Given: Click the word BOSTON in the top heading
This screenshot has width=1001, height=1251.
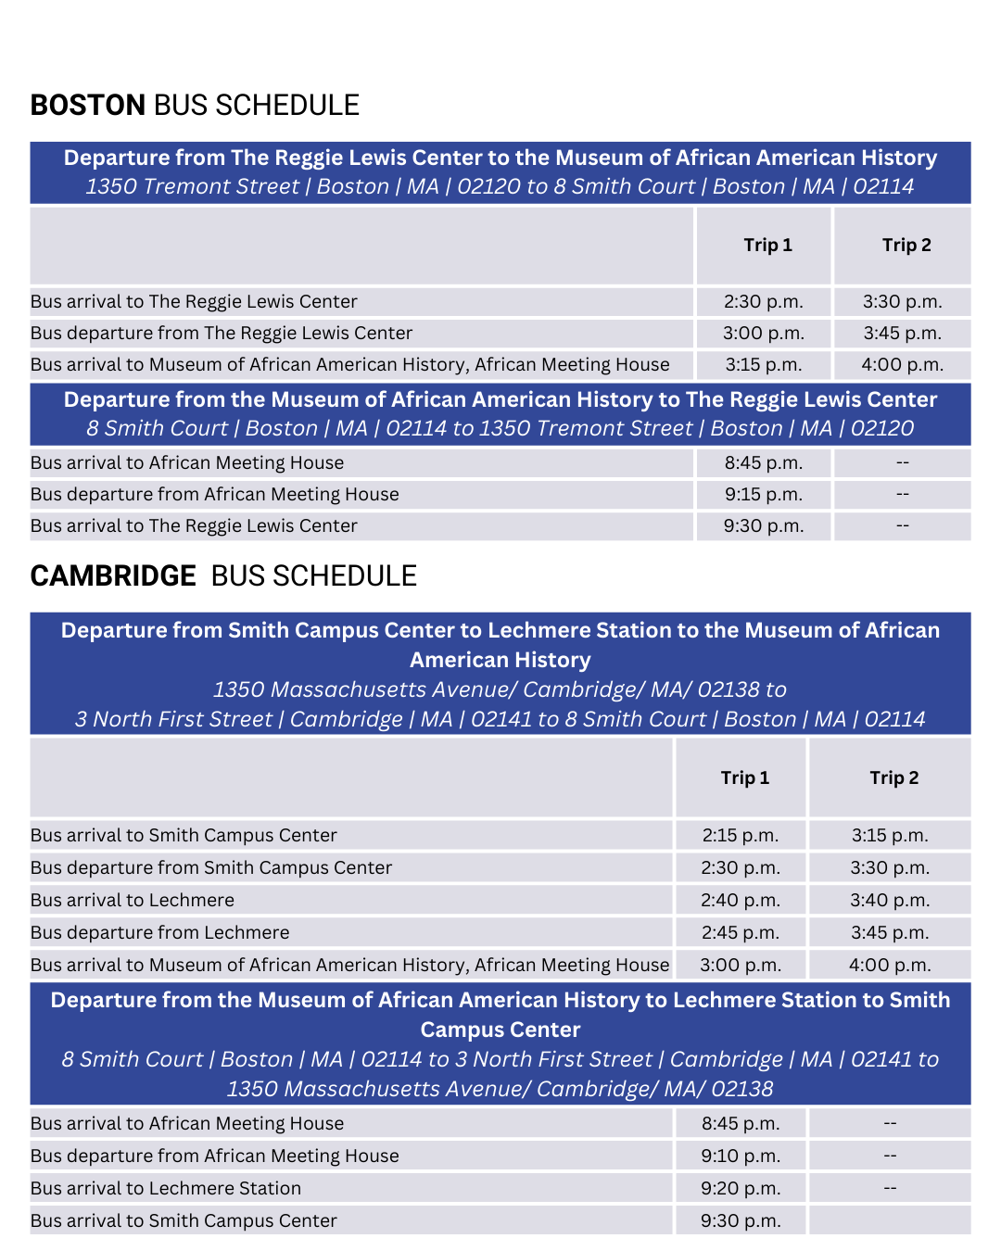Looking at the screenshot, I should coord(88,106).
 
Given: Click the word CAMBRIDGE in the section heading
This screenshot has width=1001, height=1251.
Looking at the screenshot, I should coord(113,576).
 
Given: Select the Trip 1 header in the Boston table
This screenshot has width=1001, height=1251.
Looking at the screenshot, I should coord(767,246).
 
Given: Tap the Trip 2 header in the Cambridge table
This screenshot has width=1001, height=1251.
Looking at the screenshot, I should coord(893,778).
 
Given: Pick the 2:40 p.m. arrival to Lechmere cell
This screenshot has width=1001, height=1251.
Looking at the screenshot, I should coord(740,901).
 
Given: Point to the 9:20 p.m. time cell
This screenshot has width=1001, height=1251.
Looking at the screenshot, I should coord(740,1189).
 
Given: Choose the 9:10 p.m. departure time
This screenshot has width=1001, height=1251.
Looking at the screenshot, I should coord(740,1156).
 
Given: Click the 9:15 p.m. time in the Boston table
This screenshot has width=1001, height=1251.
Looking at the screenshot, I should coord(764,495).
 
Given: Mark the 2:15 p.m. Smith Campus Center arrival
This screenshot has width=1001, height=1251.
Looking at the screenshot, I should coord(740,836).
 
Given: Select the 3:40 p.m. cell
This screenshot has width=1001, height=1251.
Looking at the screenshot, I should coord(890,901).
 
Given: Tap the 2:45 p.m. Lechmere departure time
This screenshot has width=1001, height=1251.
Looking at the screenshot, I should coord(740,933).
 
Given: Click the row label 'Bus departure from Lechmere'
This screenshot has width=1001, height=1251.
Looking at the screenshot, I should coord(159,933).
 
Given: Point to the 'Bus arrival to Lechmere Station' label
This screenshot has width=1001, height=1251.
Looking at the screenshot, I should coord(166,1189).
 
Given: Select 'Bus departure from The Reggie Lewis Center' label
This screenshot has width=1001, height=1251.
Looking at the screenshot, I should coord(221,334).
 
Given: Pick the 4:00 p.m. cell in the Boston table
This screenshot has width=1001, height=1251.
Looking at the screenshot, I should coord(902,365).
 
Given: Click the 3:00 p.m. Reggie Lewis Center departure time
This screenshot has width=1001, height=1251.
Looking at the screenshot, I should coord(764,334).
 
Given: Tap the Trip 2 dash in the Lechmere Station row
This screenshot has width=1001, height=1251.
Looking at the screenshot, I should coord(890,1189).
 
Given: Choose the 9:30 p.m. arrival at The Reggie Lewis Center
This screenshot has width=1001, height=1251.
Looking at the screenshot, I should coord(764,526).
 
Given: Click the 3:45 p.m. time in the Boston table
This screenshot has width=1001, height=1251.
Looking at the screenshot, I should coord(902,334).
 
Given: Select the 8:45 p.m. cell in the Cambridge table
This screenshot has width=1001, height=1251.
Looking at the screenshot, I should coord(740,1124).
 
